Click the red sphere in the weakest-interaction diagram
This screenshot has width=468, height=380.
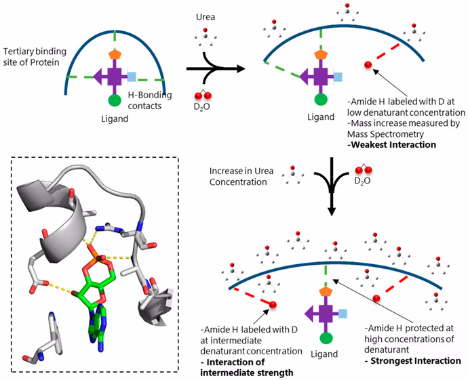click(x=368, y=64)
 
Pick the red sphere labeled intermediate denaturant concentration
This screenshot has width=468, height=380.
click(x=273, y=305)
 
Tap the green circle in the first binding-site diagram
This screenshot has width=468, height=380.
click(x=115, y=101)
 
